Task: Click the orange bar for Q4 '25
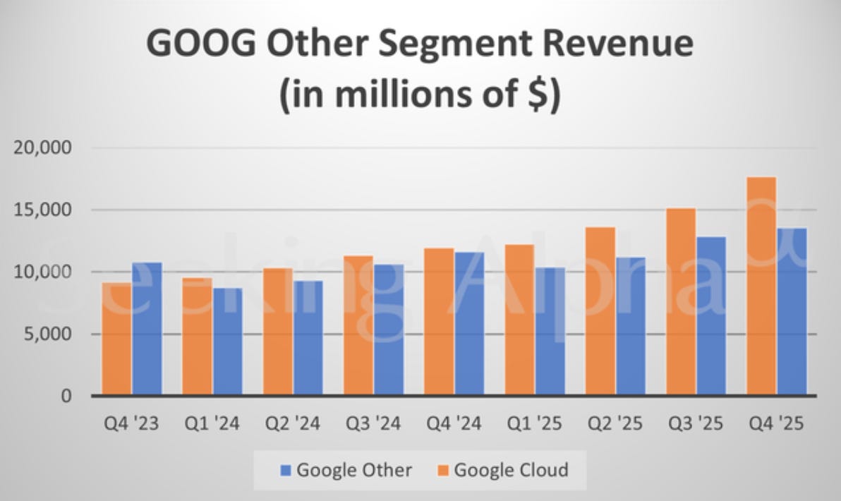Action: (761, 286)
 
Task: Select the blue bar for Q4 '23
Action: (147, 329)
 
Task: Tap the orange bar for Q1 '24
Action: (197, 337)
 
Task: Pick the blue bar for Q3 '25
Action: (711, 317)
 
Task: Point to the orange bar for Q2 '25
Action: (600, 312)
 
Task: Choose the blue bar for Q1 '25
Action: (550, 332)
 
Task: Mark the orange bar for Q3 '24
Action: (358, 325)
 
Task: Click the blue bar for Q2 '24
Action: (308, 339)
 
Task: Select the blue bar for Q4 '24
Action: (470, 324)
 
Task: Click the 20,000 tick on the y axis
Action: (42, 147)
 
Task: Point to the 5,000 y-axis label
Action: (48, 334)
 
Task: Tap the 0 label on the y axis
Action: (66, 397)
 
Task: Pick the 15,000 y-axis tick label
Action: (42, 210)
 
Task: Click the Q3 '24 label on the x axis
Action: (373, 424)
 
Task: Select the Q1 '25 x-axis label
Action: (535, 424)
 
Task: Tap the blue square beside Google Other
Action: (286, 471)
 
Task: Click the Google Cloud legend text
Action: (511, 470)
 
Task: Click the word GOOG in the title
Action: (201, 44)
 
